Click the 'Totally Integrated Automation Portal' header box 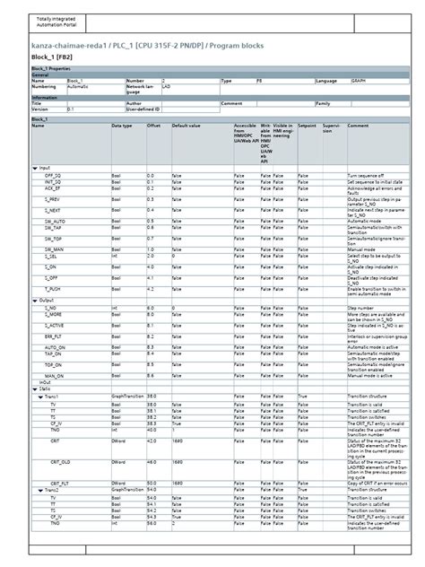tap(56, 22)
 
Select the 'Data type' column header tap(122, 126)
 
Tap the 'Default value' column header tap(186, 126)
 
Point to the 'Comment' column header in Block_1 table tap(358, 126)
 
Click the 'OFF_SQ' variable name tap(53, 176)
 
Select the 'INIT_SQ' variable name tap(53, 182)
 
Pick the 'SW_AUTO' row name tap(54, 221)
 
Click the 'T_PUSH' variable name tap(53, 290)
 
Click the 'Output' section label tap(47, 300)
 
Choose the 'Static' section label tap(45, 388)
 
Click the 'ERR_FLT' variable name tap(54, 336)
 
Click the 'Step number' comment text tap(360, 307)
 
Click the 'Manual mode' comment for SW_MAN tap(360, 249)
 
